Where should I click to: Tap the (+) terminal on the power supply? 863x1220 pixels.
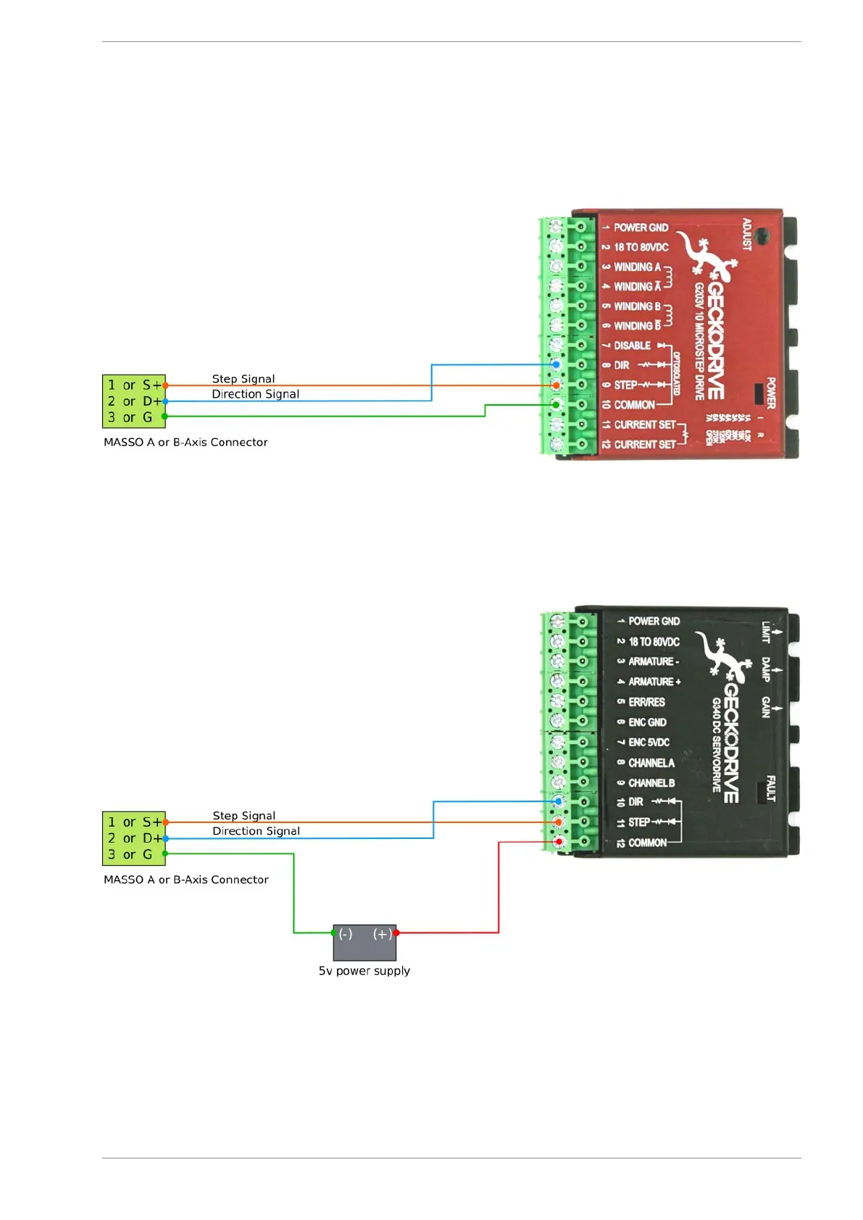point(383,935)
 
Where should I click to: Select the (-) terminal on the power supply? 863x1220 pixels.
point(346,935)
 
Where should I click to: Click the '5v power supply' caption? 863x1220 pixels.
point(364,971)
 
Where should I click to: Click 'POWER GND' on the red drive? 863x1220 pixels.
point(641,227)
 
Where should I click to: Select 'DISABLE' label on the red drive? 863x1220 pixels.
point(632,346)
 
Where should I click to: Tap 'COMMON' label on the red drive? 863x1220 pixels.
point(634,405)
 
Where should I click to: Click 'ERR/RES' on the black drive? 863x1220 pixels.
point(646,702)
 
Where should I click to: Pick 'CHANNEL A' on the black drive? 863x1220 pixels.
point(651,763)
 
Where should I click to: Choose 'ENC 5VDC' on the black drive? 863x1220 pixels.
point(649,743)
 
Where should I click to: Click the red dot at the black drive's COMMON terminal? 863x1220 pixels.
point(559,842)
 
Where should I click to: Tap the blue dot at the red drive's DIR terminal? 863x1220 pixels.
point(556,364)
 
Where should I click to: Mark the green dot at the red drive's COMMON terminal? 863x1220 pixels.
point(556,404)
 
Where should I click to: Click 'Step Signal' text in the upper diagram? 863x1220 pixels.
point(243,379)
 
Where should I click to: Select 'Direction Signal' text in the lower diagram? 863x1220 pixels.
point(256,831)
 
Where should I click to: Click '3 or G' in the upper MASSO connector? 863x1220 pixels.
point(130,417)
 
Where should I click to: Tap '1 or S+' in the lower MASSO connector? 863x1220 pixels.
point(134,822)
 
